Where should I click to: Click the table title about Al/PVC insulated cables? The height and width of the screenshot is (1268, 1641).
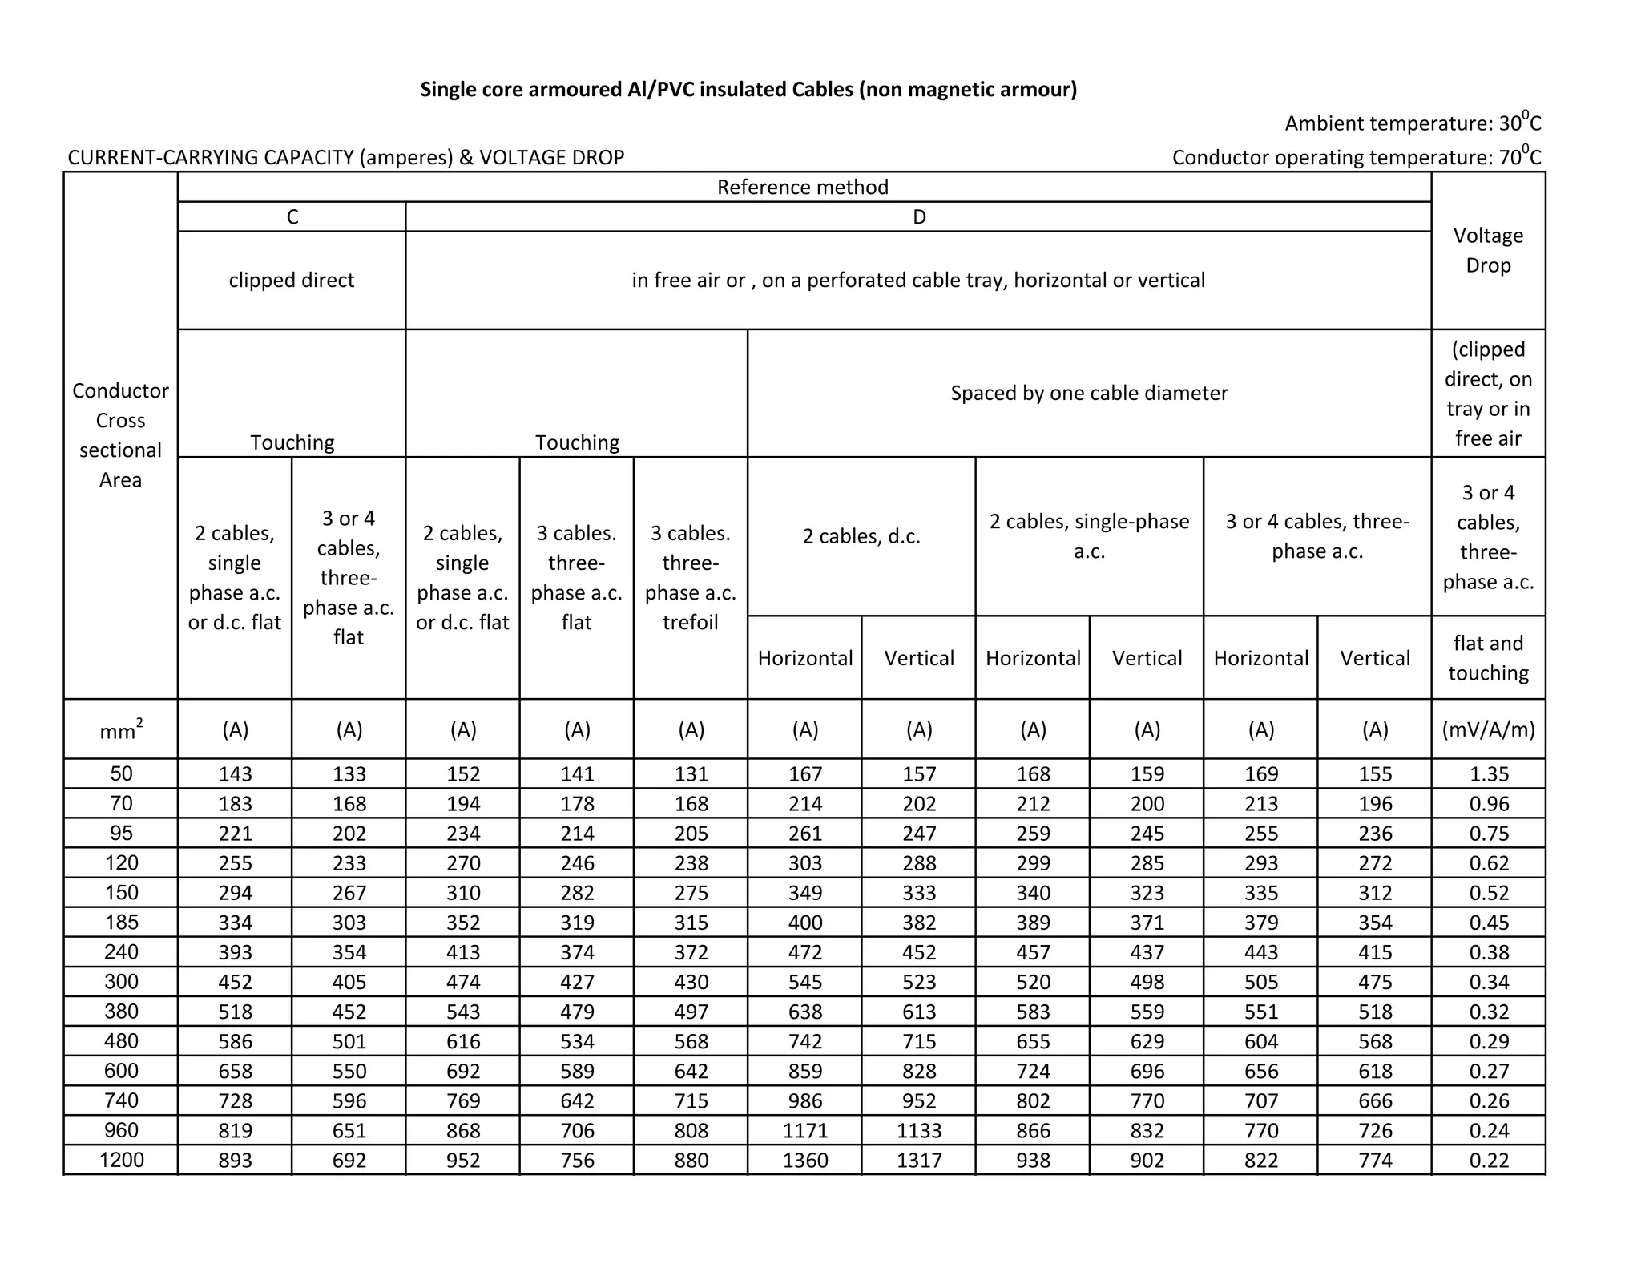click(748, 89)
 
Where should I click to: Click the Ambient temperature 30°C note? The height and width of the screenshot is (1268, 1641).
click(1412, 123)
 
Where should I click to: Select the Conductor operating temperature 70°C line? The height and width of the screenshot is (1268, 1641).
click(1356, 156)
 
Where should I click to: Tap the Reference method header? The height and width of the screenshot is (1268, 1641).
click(803, 187)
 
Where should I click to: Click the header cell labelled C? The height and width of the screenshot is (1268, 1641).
click(292, 217)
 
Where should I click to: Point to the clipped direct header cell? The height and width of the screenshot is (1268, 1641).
click(292, 280)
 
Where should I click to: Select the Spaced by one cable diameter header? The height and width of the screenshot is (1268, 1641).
click(1089, 393)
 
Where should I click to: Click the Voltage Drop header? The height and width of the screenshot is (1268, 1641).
click(1488, 250)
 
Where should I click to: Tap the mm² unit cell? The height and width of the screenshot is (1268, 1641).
click(121, 729)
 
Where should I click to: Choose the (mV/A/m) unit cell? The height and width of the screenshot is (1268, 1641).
click(1488, 729)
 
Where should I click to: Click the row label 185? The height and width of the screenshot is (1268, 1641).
click(121, 923)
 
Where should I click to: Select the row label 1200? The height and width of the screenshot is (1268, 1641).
click(121, 1160)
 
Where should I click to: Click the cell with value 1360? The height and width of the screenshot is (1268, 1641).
click(804, 1160)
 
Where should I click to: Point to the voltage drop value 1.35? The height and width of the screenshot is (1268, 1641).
click(1488, 774)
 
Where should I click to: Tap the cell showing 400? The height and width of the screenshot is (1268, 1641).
click(804, 923)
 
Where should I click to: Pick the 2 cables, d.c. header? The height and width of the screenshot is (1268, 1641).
click(861, 536)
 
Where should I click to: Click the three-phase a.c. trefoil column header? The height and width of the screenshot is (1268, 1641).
click(690, 577)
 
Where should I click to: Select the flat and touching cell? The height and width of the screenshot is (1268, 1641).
click(1488, 657)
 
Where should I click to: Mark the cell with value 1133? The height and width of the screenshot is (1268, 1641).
click(919, 1130)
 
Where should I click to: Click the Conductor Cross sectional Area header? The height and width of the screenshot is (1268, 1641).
click(121, 434)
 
